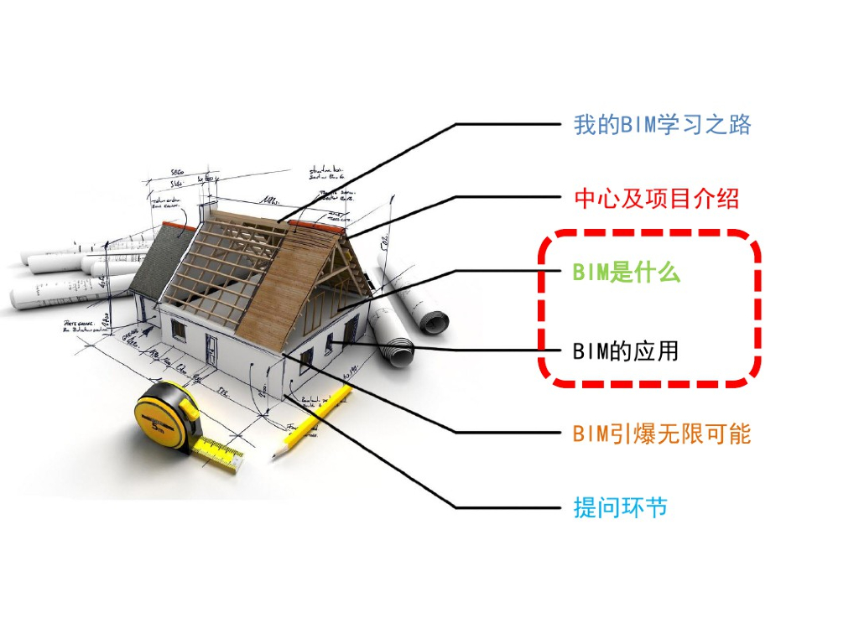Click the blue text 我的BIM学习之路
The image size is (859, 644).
(662, 125)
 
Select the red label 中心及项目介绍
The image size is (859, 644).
(656, 199)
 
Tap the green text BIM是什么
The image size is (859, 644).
(626, 272)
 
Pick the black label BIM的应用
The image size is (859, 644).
(625, 351)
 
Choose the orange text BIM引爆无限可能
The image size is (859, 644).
(661, 434)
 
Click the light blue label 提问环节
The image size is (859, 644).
(620, 507)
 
